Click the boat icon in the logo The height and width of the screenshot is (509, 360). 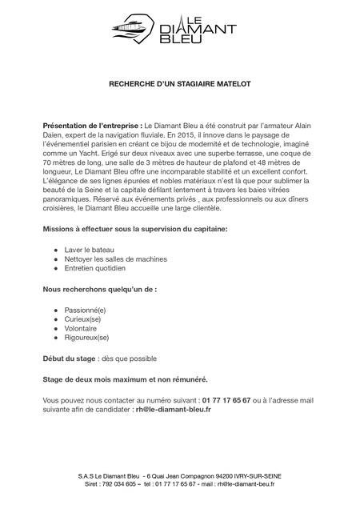134,31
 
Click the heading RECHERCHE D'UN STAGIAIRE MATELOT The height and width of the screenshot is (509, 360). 179,82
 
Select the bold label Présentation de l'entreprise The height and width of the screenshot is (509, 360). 92,126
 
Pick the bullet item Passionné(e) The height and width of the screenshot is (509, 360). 85,310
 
